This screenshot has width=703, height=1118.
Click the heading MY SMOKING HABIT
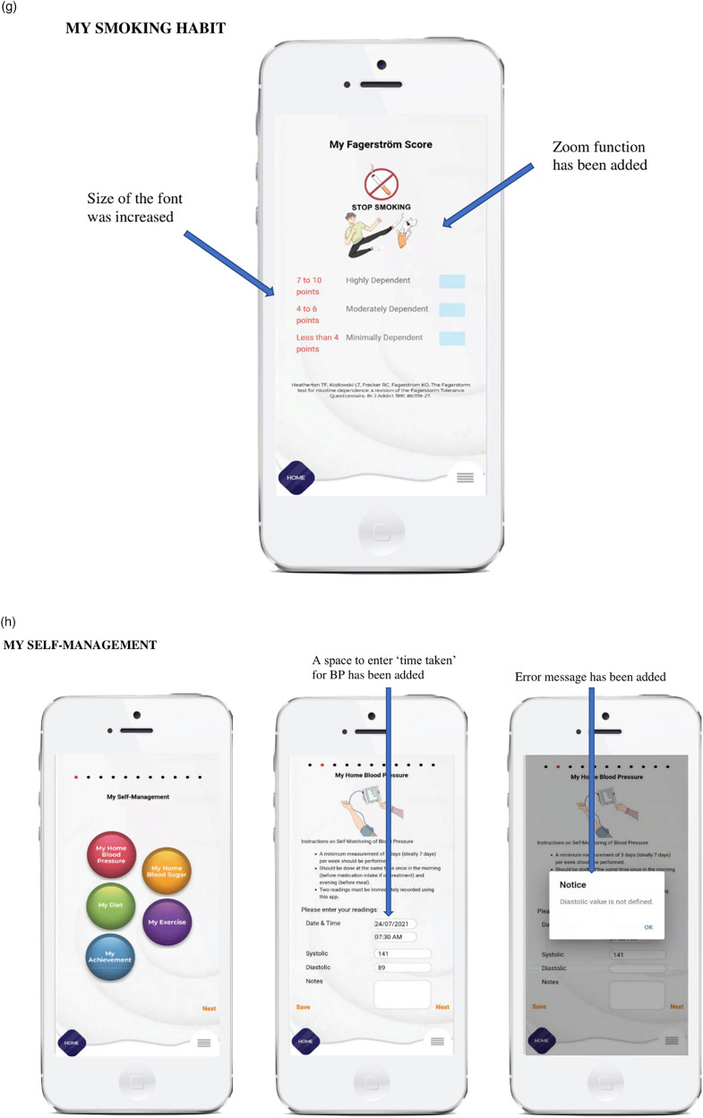click(x=144, y=29)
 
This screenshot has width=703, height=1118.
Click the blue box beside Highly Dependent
click(x=451, y=281)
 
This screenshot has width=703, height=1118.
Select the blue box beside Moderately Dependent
click(x=451, y=310)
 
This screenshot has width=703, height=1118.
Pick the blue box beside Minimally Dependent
click(x=451, y=338)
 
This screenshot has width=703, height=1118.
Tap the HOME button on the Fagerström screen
click(x=296, y=478)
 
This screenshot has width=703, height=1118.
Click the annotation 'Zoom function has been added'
click(x=598, y=156)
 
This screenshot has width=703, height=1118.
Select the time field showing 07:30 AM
click(x=395, y=937)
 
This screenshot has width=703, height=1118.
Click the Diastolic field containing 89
click(x=403, y=968)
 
